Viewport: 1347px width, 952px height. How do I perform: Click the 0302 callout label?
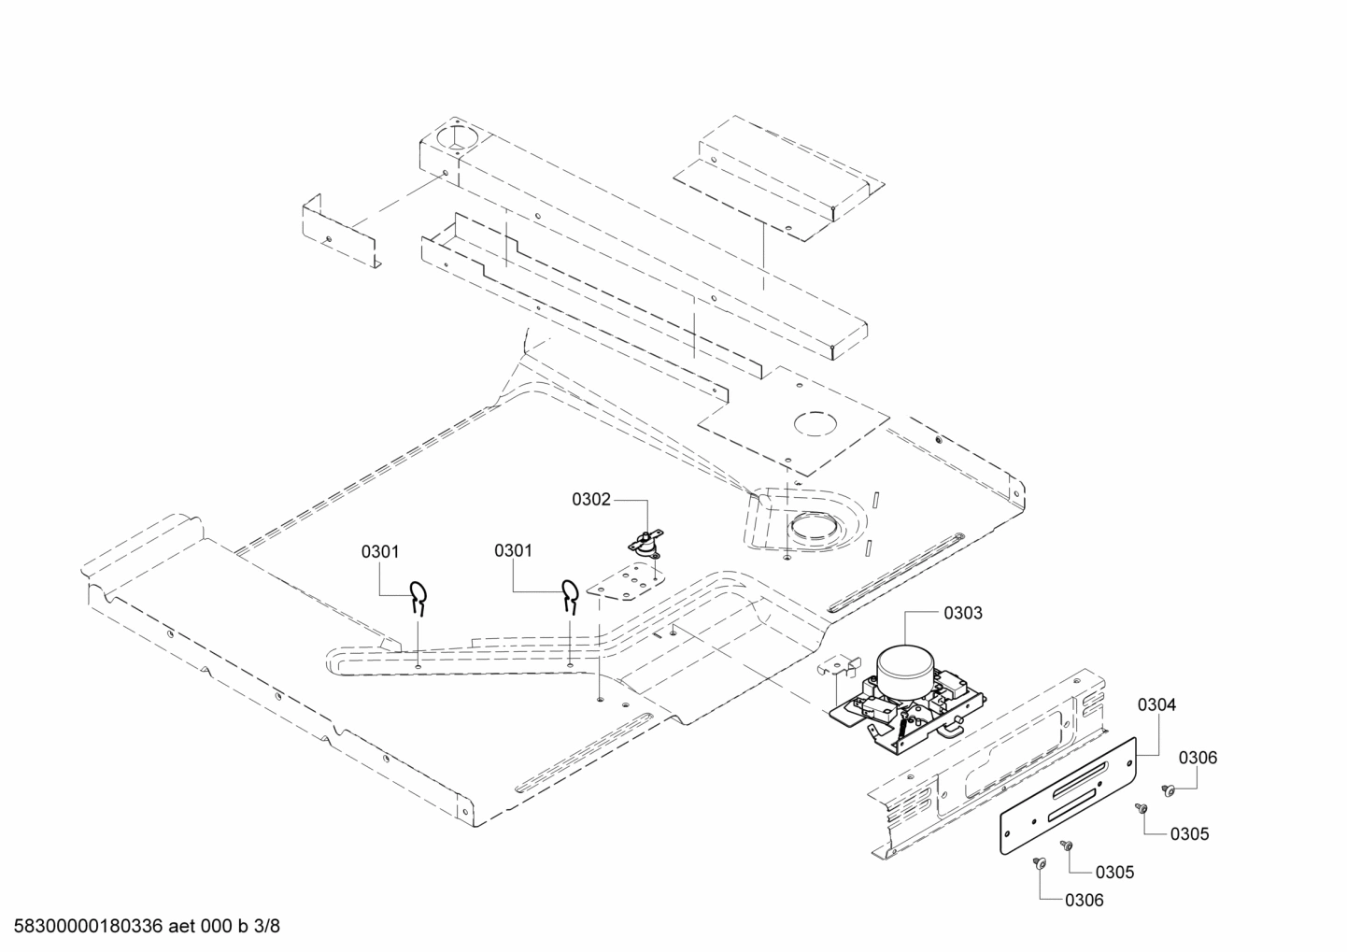[590, 500]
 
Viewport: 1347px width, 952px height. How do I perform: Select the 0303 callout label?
[962, 613]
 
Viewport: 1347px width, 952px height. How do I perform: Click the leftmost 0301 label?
[380, 551]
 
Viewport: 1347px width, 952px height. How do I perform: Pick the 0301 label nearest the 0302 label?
[513, 550]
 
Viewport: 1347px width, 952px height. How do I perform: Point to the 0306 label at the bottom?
[1084, 900]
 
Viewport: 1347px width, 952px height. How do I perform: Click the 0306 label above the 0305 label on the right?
[1198, 758]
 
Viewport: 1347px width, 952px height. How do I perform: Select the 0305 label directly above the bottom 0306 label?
[1114, 872]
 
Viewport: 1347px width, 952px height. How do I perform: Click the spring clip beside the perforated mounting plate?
[569, 594]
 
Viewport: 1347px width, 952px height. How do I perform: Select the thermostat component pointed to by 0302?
[643, 542]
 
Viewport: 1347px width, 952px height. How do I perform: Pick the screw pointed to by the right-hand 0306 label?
[1168, 790]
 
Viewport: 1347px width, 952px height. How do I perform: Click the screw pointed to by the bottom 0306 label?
[1038, 865]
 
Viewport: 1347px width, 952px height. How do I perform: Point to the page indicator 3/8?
[267, 927]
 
